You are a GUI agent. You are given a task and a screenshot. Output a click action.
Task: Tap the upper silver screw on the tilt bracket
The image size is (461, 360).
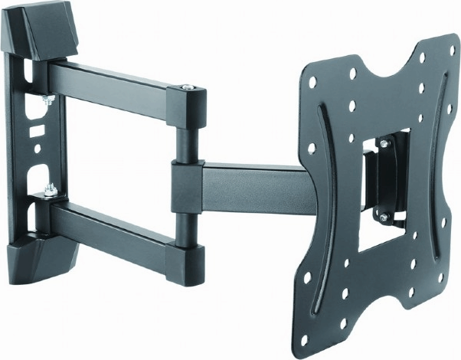(x=384, y=143)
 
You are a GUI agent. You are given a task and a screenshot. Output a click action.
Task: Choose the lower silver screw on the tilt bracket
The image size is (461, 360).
(x=382, y=219)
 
